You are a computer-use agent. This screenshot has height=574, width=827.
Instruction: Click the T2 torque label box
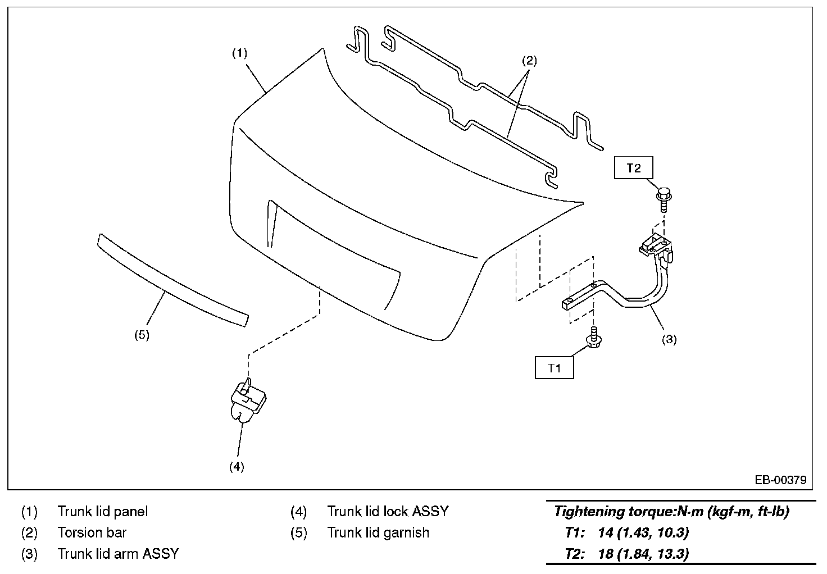[634, 168]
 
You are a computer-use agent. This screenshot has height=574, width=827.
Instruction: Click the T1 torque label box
[554, 368]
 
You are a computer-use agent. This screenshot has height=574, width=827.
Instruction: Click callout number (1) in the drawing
[240, 53]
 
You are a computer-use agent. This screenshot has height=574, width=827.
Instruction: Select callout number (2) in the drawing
[529, 61]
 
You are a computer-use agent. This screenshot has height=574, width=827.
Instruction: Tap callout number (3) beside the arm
[669, 339]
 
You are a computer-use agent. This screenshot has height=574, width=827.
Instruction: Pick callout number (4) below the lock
[237, 467]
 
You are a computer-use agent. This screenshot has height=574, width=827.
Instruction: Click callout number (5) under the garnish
[142, 335]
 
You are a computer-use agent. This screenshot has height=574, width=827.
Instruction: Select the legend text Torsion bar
[92, 532]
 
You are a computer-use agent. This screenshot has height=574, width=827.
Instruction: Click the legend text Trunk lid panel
[103, 512]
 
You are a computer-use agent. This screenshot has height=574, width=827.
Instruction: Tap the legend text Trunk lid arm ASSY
[118, 554]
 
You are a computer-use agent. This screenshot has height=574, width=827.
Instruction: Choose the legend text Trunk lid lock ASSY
[388, 512]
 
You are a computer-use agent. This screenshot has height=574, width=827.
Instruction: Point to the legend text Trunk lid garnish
[378, 532]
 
